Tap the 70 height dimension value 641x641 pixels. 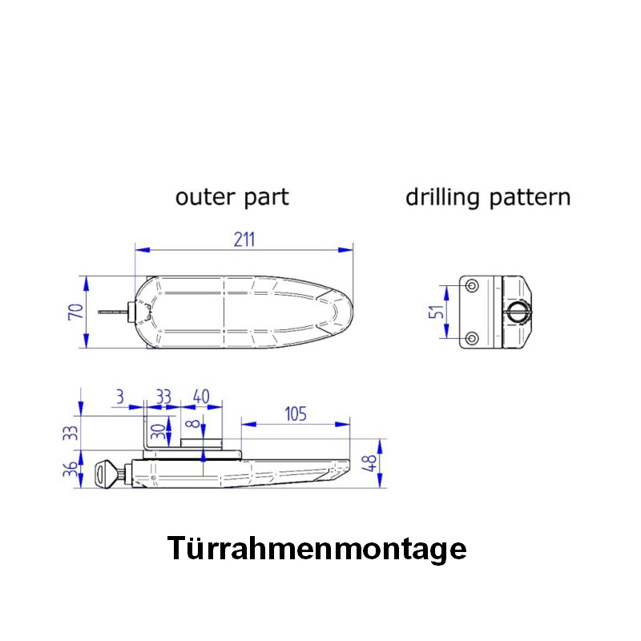75,311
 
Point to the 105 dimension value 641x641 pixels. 295,413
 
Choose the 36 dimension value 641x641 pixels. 72,471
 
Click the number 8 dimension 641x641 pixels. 192,426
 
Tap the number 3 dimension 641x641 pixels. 119,397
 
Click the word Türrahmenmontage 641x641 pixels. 316,549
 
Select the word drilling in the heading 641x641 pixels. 443,197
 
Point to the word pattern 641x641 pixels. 530,198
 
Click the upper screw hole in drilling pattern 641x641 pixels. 472,286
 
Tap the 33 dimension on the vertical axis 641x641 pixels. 72,433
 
